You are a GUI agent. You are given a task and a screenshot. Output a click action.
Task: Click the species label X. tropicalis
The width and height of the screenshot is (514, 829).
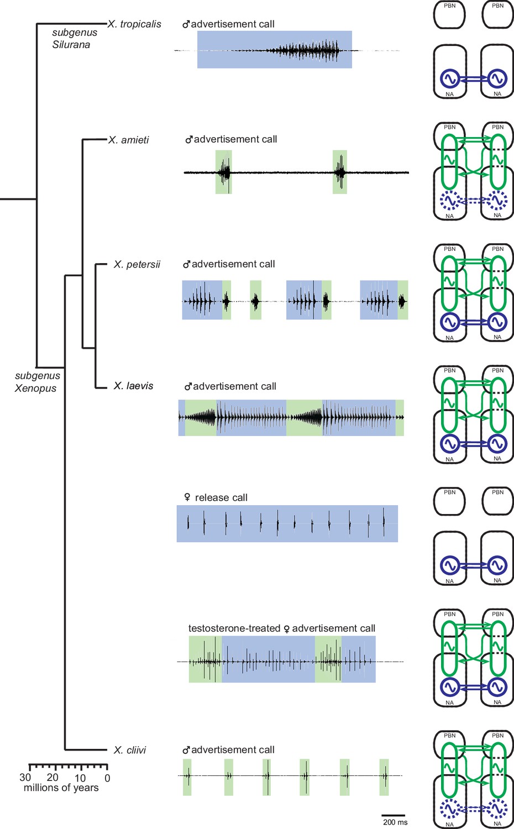pyautogui.click(x=134, y=24)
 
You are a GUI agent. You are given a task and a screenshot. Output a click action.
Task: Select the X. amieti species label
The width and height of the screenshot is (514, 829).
pyautogui.click(x=128, y=140)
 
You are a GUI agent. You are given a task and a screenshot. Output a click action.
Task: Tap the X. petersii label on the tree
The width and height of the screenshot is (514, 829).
pyautogui.click(x=137, y=265)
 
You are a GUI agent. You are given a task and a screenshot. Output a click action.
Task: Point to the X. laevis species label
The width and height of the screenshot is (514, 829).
pyautogui.click(x=133, y=386)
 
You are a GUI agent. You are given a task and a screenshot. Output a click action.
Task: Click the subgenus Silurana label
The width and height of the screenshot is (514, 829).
pyautogui.click(x=75, y=39)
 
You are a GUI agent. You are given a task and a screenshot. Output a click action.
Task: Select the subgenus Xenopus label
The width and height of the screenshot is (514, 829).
pyautogui.click(x=37, y=382)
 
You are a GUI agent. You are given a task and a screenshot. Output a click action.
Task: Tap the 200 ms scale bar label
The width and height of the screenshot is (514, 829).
pyautogui.click(x=395, y=822)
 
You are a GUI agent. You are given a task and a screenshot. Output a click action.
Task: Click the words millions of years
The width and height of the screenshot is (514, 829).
pyautogui.click(x=61, y=788)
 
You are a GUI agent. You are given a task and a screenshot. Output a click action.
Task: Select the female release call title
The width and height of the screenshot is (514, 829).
pyautogui.click(x=216, y=497)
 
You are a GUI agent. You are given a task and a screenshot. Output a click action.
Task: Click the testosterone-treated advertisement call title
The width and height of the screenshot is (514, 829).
pyautogui.click(x=282, y=628)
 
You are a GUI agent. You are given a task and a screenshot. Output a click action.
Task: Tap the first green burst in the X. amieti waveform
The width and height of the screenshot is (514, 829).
pyautogui.click(x=223, y=172)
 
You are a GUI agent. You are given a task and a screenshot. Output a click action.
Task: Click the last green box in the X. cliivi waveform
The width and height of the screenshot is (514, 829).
pyautogui.click(x=384, y=777)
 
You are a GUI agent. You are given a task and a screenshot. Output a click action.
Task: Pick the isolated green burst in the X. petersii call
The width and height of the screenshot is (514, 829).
pyautogui.click(x=256, y=300)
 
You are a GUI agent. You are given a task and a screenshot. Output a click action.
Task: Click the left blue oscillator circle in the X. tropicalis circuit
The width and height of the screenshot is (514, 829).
pyautogui.click(x=449, y=78)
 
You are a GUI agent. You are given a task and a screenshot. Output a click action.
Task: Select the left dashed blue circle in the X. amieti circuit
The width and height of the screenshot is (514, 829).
pyautogui.click(x=449, y=200)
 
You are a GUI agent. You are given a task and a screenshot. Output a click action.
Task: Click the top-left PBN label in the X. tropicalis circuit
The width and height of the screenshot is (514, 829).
pyautogui.click(x=449, y=6)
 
